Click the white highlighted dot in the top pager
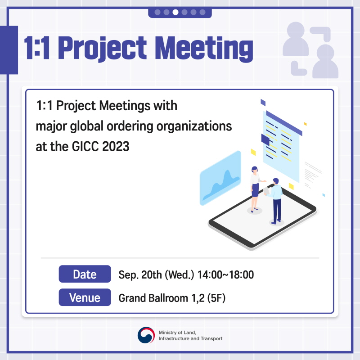(175, 12)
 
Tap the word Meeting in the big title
(204, 49)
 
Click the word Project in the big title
(102, 49)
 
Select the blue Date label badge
(85, 274)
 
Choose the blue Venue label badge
(85, 297)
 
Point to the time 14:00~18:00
(226, 274)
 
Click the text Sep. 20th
(140, 274)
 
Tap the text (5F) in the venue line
(216, 298)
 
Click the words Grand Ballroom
(153, 298)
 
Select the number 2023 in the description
(116, 147)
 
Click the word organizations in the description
(194, 126)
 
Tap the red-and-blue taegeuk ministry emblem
(146, 335)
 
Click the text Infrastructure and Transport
(190, 339)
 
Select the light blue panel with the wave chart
(220, 178)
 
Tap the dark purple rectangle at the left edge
(9, 50)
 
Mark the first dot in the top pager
(157, 12)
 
